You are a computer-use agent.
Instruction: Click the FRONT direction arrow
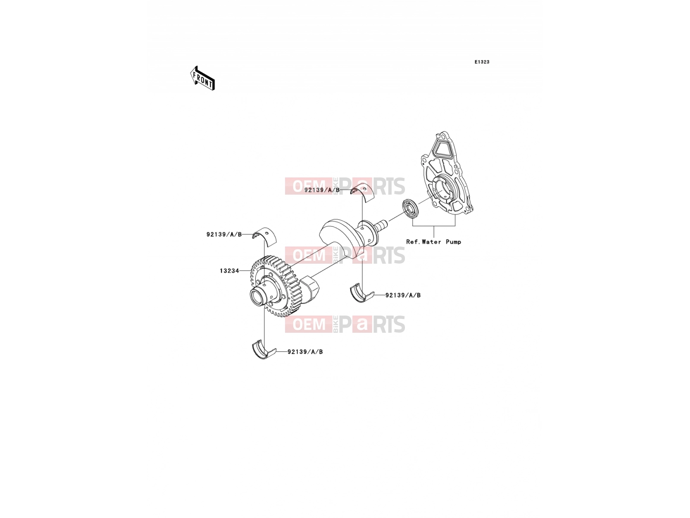pos(202,78)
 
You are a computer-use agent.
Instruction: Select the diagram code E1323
pos(482,62)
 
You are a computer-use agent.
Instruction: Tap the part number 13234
pos(229,271)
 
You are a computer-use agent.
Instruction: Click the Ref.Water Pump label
pos(433,242)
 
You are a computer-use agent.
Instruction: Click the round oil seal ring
pos(411,208)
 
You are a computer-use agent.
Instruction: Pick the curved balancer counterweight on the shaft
pos(338,234)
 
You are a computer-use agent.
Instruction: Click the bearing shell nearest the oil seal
pos(362,193)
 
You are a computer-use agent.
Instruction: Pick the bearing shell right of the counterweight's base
pos(362,293)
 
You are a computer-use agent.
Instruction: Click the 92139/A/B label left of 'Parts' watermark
pos(322,190)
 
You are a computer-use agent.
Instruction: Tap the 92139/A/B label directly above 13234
pos(224,234)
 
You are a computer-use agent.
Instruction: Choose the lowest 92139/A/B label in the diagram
pos(305,352)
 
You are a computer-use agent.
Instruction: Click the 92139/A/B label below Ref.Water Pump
pos(403,295)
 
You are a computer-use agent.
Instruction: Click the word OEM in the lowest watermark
pos(309,324)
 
